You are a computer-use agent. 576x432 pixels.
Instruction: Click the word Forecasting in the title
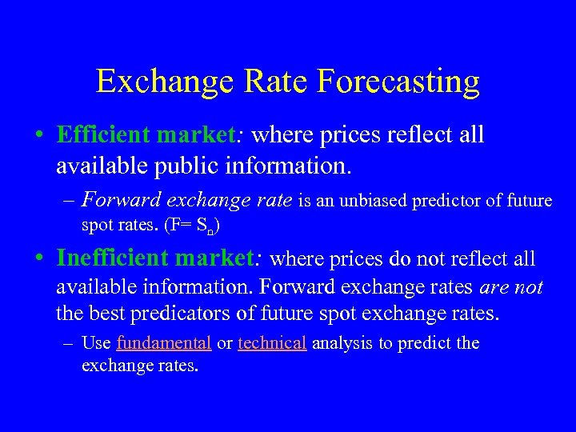(x=398, y=82)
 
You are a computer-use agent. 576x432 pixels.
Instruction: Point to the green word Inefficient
(x=114, y=258)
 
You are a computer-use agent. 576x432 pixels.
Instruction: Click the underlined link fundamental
(x=164, y=343)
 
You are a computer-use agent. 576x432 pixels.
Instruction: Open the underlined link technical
(x=272, y=343)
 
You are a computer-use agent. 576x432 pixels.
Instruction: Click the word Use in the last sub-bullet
(x=96, y=343)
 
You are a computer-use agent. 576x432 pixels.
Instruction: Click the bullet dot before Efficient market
(x=39, y=134)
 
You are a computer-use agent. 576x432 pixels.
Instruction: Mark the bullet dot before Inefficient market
(x=39, y=258)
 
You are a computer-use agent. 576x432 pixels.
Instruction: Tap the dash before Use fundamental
(x=70, y=343)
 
